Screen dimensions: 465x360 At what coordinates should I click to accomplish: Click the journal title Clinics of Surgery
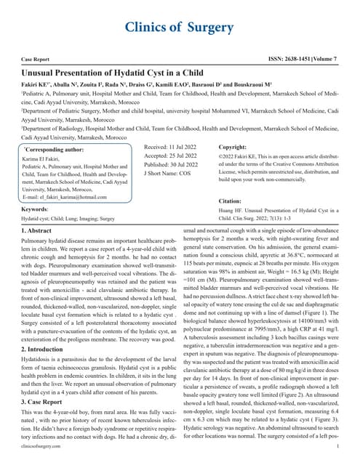pyautogui.click(x=180, y=28)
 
